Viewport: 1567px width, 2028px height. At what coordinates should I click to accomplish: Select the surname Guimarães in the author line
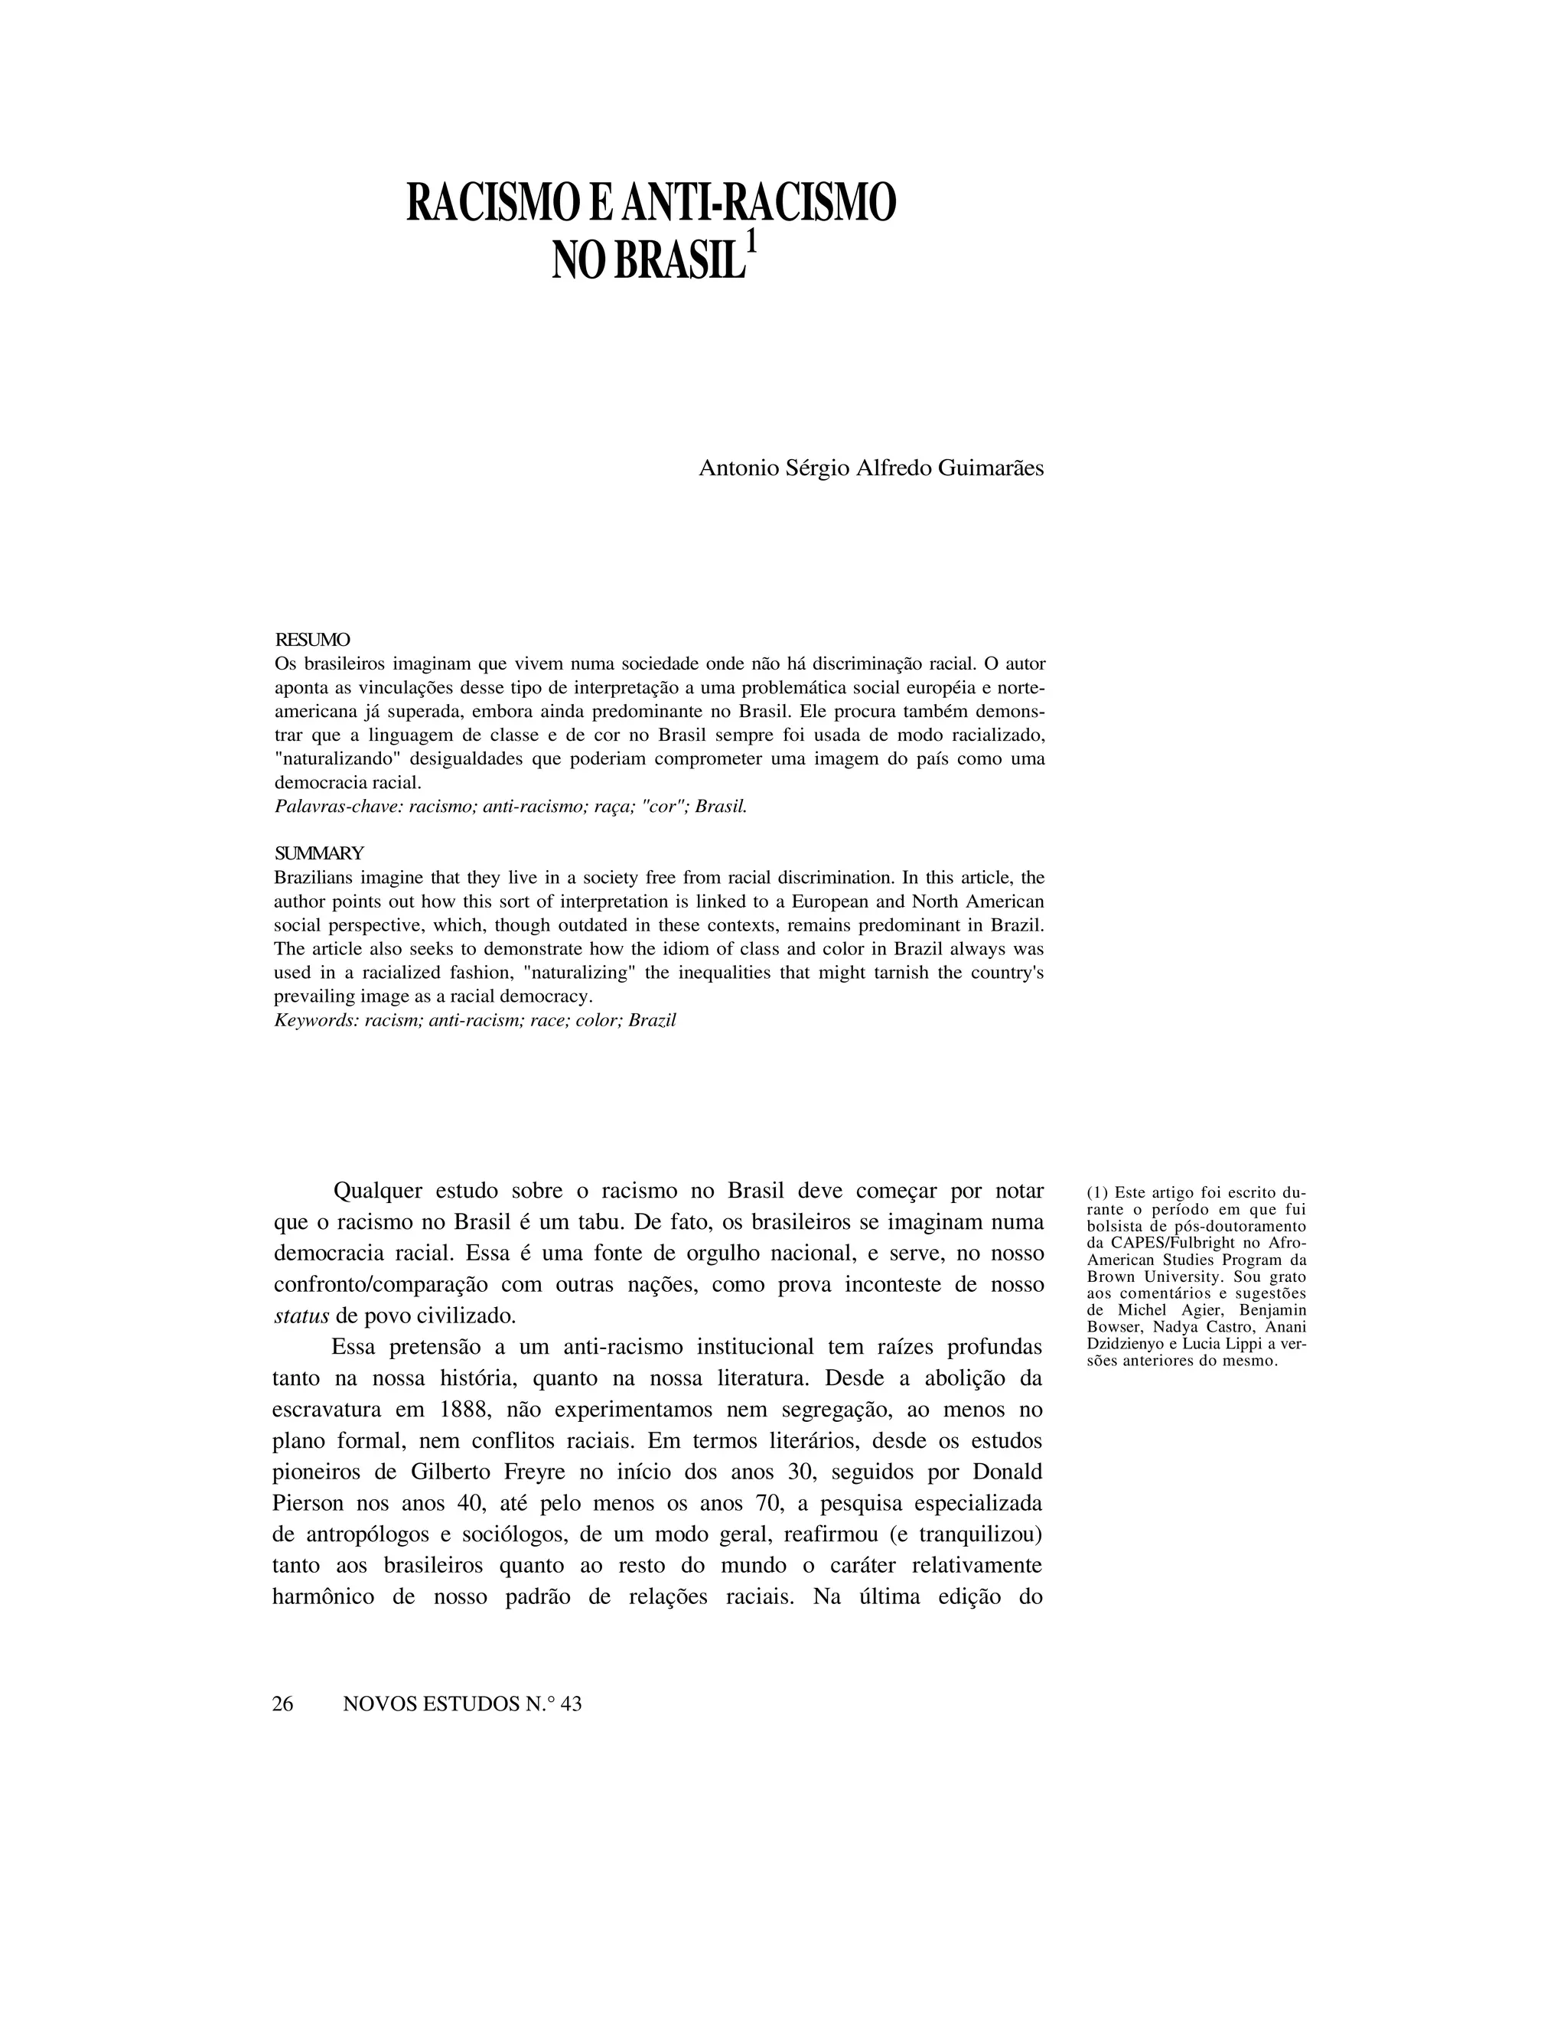coord(991,468)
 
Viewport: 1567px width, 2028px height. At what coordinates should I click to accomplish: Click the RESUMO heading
coord(312,641)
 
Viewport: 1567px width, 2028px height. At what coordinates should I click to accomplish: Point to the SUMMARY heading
coord(318,853)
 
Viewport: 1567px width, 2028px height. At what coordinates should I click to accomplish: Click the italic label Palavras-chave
coord(338,806)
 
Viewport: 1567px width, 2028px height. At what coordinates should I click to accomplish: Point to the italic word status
coord(303,1316)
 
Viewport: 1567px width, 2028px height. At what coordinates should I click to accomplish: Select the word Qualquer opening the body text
coord(378,1191)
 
